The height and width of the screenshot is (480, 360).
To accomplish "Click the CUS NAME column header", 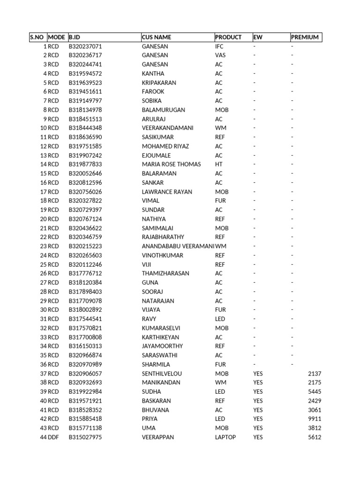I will pyautogui.click(x=157, y=37).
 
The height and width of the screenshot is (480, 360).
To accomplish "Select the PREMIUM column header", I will pyautogui.click(x=305, y=37).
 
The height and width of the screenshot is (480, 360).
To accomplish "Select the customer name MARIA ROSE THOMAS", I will pyautogui.click(x=171, y=164).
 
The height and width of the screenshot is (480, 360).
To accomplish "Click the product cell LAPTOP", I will pyautogui.click(x=225, y=437).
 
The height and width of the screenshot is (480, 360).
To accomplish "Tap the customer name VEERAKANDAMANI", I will pyautogui.click(x=167, y=128).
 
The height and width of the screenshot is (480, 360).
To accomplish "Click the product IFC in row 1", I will pyautogui.click(x=219, y=46).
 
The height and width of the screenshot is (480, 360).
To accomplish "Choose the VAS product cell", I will pyautogui.click(x=220, y=55).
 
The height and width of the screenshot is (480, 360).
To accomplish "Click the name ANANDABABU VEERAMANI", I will pyautogui.click(x=178, y=246).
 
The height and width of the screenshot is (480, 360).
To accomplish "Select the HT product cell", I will pyautogui.click(x=219, y=164).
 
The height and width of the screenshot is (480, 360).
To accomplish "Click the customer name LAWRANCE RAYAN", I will pyautogui.click(x=167, y=192).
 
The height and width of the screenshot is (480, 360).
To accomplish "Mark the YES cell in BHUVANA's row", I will pyautogui.click(x=258, y=410).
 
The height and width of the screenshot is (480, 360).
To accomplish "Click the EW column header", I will pyautogui.click(x=258, y=37).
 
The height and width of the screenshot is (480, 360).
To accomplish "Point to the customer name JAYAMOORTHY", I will pyautogui.click(x=162, y=346).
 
